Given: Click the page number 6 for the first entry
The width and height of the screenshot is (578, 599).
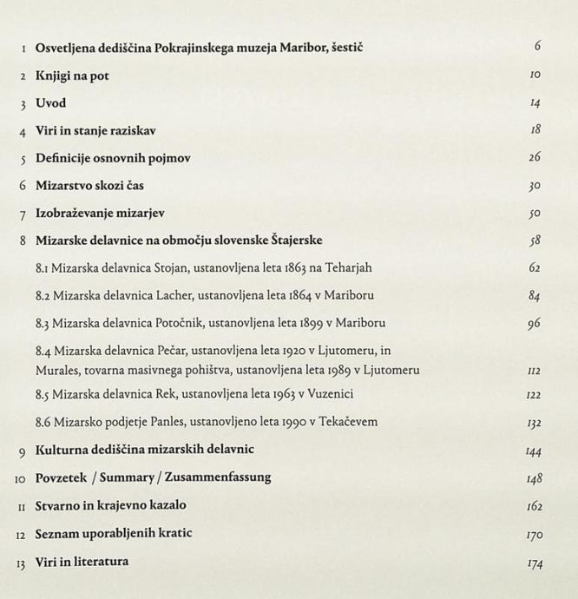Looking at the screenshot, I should click(537, 47).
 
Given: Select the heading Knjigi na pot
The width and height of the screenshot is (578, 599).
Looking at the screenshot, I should click(72, 76).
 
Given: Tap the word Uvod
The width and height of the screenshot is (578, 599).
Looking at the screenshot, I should click(50, 103).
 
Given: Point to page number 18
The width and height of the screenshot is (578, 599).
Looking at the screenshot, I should click(535, 130).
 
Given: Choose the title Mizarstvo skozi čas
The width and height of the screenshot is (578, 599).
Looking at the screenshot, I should click(89, 186).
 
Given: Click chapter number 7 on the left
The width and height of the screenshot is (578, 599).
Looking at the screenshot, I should click(23, 214).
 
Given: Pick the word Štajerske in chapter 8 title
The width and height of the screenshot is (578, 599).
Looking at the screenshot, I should click(293, 240).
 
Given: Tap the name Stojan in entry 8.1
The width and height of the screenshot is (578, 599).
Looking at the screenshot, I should click(176, 268).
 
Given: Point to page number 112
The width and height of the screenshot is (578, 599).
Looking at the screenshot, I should click(535, 371).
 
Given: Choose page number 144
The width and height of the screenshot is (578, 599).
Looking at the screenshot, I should click(534, 451).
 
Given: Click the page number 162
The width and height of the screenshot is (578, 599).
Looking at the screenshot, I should click(534, 506).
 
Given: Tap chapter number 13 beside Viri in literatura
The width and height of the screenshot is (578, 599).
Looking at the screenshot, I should click(21, 562).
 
